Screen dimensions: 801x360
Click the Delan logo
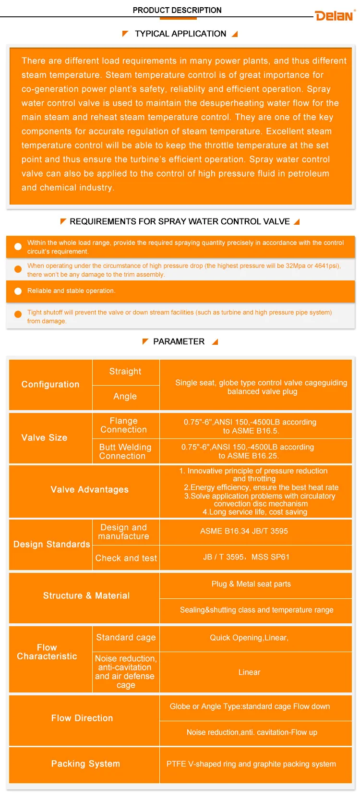coord(335,16)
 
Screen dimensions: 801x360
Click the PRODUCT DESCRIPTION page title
coord(177,10)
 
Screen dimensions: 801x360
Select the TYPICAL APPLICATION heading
coord(180,34)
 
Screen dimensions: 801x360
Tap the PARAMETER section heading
coord(179,341)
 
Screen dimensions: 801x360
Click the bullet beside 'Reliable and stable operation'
coord(18,291)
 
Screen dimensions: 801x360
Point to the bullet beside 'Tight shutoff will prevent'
coord(18,314)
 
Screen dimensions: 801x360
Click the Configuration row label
coord(50,384)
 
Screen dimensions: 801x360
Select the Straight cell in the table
coord(125,372)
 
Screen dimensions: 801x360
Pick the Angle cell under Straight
coord(125,397)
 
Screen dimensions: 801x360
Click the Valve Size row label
coord(45,437)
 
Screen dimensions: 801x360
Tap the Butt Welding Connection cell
coord(125,451)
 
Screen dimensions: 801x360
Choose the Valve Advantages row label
coord(90,489)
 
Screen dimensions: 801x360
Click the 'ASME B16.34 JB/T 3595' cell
coord(244,531)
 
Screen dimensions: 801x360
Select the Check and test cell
coord(126,558)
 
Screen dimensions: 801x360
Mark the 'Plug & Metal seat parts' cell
coord(251,584)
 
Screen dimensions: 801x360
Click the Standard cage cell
coord(126,638)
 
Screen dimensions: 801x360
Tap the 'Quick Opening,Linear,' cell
coord(249,638)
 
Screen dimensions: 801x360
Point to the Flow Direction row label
coord(82,718)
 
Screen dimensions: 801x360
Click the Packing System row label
coord(85,764)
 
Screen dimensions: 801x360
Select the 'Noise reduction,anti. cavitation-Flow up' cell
coord(252,732)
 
